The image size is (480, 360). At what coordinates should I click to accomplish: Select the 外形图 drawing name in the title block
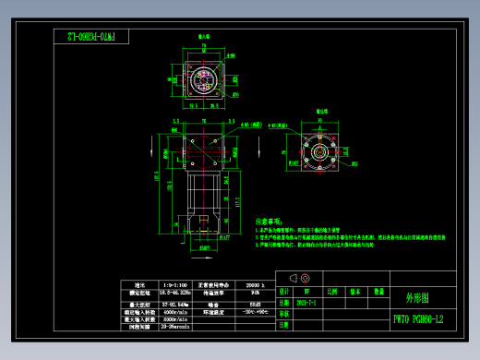(416, 298)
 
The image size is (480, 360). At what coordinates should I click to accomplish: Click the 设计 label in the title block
(283, 290)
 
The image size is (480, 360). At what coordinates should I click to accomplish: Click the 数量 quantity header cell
(378, 290)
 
